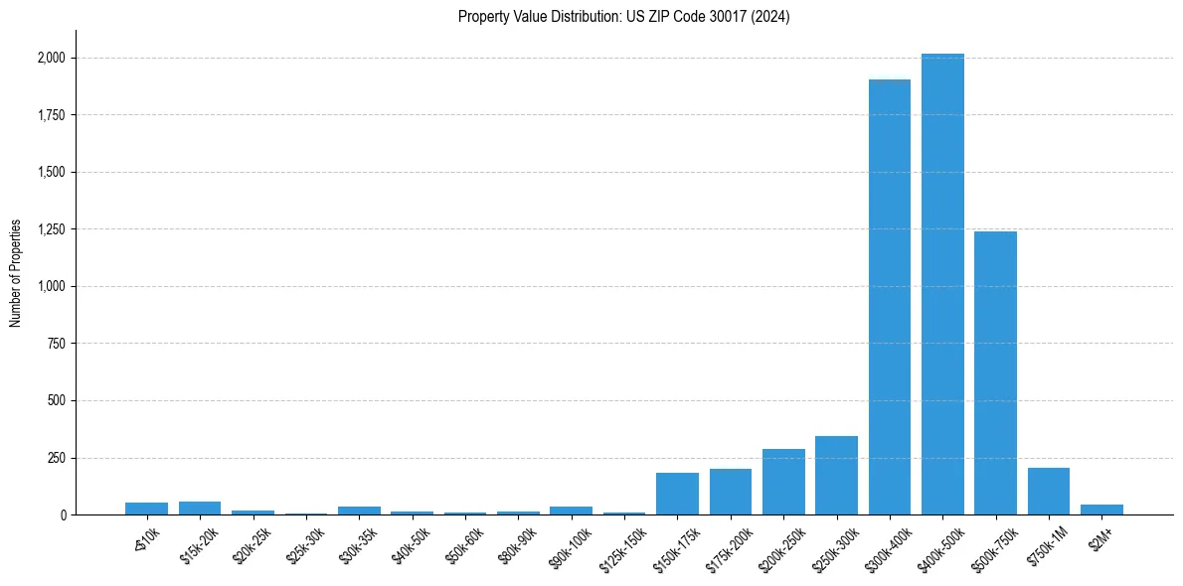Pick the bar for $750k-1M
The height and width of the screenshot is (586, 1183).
1048,492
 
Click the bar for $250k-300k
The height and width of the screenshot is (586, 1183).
836,476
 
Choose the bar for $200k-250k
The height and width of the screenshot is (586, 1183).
783,482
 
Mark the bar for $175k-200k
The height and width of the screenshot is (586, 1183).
731,492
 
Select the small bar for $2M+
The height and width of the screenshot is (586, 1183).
1101,510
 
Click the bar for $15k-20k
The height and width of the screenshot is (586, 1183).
200,509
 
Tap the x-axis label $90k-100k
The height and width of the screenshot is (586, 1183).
571,545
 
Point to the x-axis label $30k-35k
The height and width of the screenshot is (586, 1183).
359,545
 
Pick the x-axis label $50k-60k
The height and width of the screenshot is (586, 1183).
465,545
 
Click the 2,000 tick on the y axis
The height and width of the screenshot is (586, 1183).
52,58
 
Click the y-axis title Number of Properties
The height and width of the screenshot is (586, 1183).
16,272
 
